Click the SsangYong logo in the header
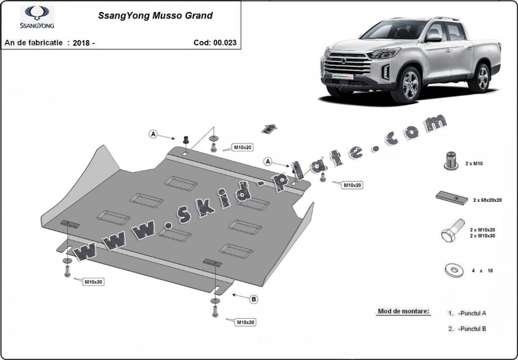pos(37,17)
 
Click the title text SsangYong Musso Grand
pos(155,16)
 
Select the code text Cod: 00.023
pos(214,43)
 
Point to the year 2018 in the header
pos(82,43)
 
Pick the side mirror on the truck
pos(434,38)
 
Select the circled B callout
pos(254,299)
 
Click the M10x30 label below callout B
pos(246,322)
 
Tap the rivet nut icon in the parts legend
pos(451,161)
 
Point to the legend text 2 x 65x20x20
pos(487,200)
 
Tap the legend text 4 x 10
pos(482,271)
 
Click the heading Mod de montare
pos(403,311)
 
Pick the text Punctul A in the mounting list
pos(472,313)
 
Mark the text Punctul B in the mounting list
pos(472,329)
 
